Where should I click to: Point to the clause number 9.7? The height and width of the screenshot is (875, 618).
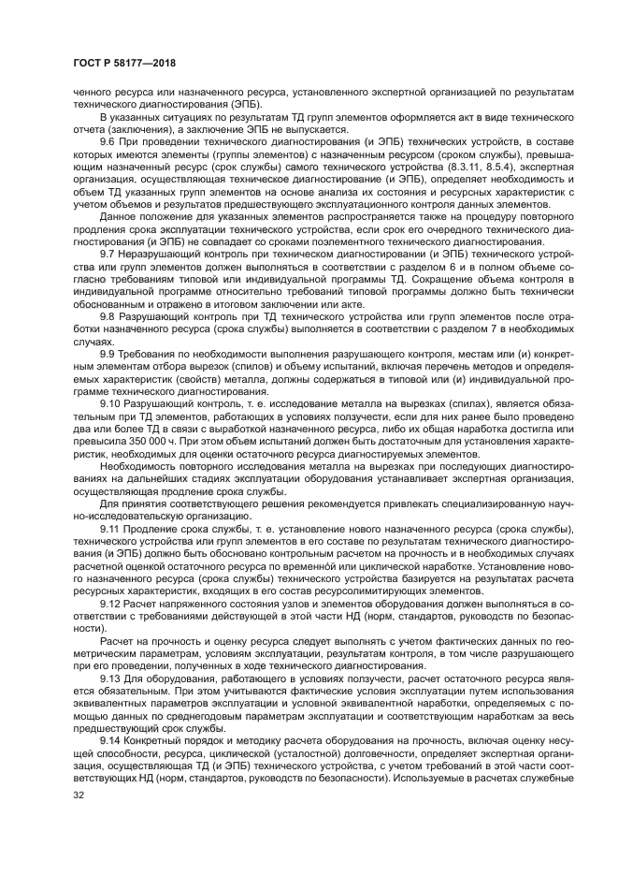click(108, 253)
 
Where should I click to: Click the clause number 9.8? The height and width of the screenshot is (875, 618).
click(108, 317)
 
